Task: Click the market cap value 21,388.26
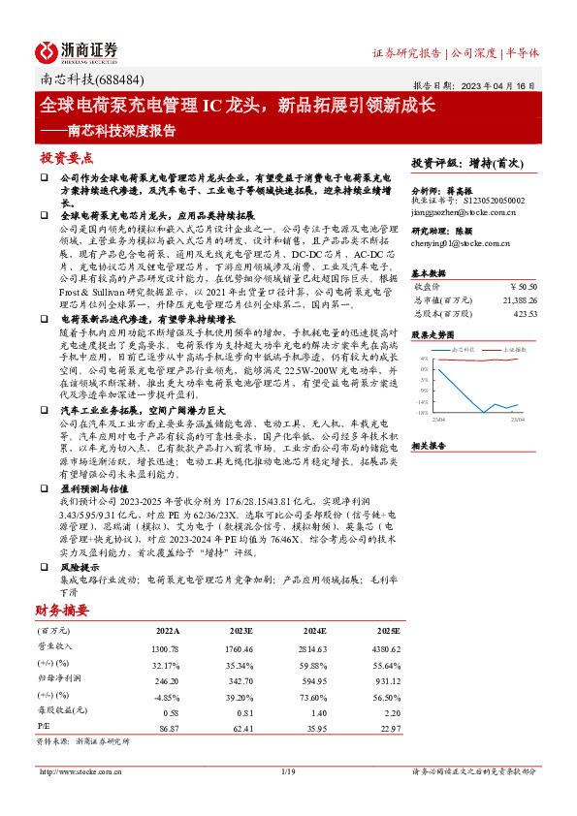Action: point(515,300)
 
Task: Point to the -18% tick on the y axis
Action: point(424,413)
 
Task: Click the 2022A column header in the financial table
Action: point(167,630)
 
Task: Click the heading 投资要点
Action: point(67,157)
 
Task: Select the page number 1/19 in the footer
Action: point(287,771)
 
